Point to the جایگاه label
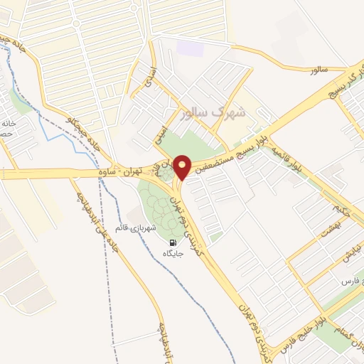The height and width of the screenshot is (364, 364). [x=173, y=253]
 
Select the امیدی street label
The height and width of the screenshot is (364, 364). [x=162, y=133]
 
